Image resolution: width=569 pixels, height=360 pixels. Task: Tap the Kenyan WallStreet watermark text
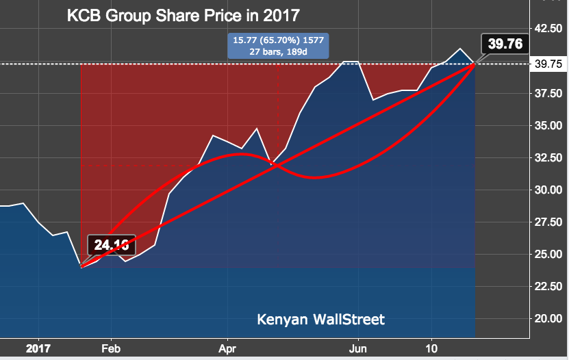(x=320, y=319)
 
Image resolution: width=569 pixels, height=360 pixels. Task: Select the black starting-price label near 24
(x=112, y=244)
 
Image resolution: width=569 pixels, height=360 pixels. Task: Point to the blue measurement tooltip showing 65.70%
(x=278, y=45)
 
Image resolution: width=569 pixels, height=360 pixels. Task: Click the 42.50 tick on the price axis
(x=548, y=28)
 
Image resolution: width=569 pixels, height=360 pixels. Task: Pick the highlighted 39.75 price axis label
(x=548, y=64)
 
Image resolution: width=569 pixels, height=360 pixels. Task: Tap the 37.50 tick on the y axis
(x=548, y=93)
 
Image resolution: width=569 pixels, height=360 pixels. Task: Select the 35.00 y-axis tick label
(x=548, y=125)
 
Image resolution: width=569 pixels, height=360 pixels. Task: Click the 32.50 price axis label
(x=548, y=157)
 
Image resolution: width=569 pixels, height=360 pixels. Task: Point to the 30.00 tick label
(x=548, y=190)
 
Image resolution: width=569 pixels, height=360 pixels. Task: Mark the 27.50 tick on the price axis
(x=548, y=222)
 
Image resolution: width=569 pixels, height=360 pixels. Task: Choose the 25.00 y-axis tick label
(x=548, y=254)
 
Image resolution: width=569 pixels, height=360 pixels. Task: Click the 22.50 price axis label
(x=548, y=286)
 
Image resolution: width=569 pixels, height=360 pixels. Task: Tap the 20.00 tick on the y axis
(x=548, y=318)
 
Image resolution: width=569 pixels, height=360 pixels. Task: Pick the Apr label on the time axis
(x=227, y=348)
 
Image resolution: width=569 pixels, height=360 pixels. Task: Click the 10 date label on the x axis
(x=431, y=348)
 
